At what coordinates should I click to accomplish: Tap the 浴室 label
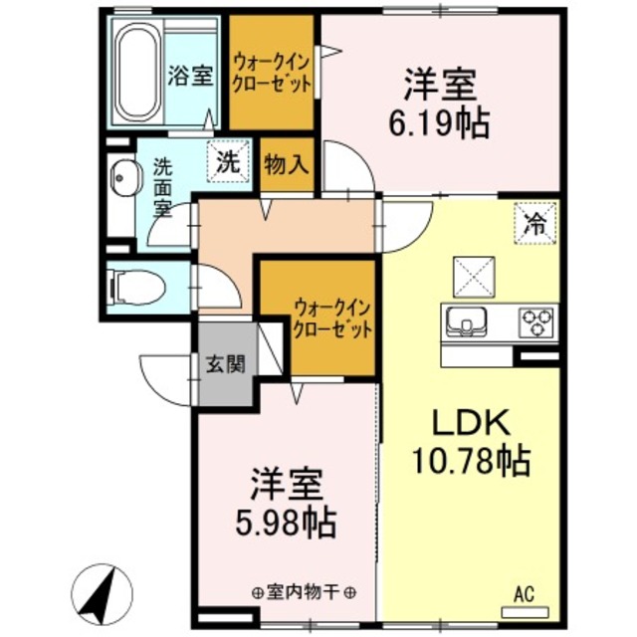190,75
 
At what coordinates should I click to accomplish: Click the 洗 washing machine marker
229,163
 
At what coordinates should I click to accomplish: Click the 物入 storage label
286,164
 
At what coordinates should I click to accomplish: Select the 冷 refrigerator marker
534,222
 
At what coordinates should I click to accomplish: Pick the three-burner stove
537,322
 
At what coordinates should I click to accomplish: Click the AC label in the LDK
524,594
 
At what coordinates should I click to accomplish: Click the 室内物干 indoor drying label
305,592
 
